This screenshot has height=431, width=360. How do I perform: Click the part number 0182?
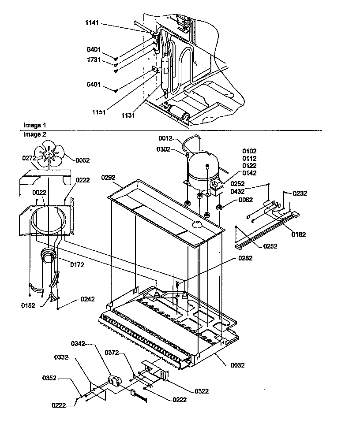[298, 234]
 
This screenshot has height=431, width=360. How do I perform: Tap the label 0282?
[245, 258]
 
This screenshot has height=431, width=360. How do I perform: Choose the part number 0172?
[77, 264]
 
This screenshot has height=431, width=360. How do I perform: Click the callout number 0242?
[87, 298]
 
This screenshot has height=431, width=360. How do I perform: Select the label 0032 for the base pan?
[237, 365]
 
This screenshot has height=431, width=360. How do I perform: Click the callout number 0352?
[49, 378]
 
